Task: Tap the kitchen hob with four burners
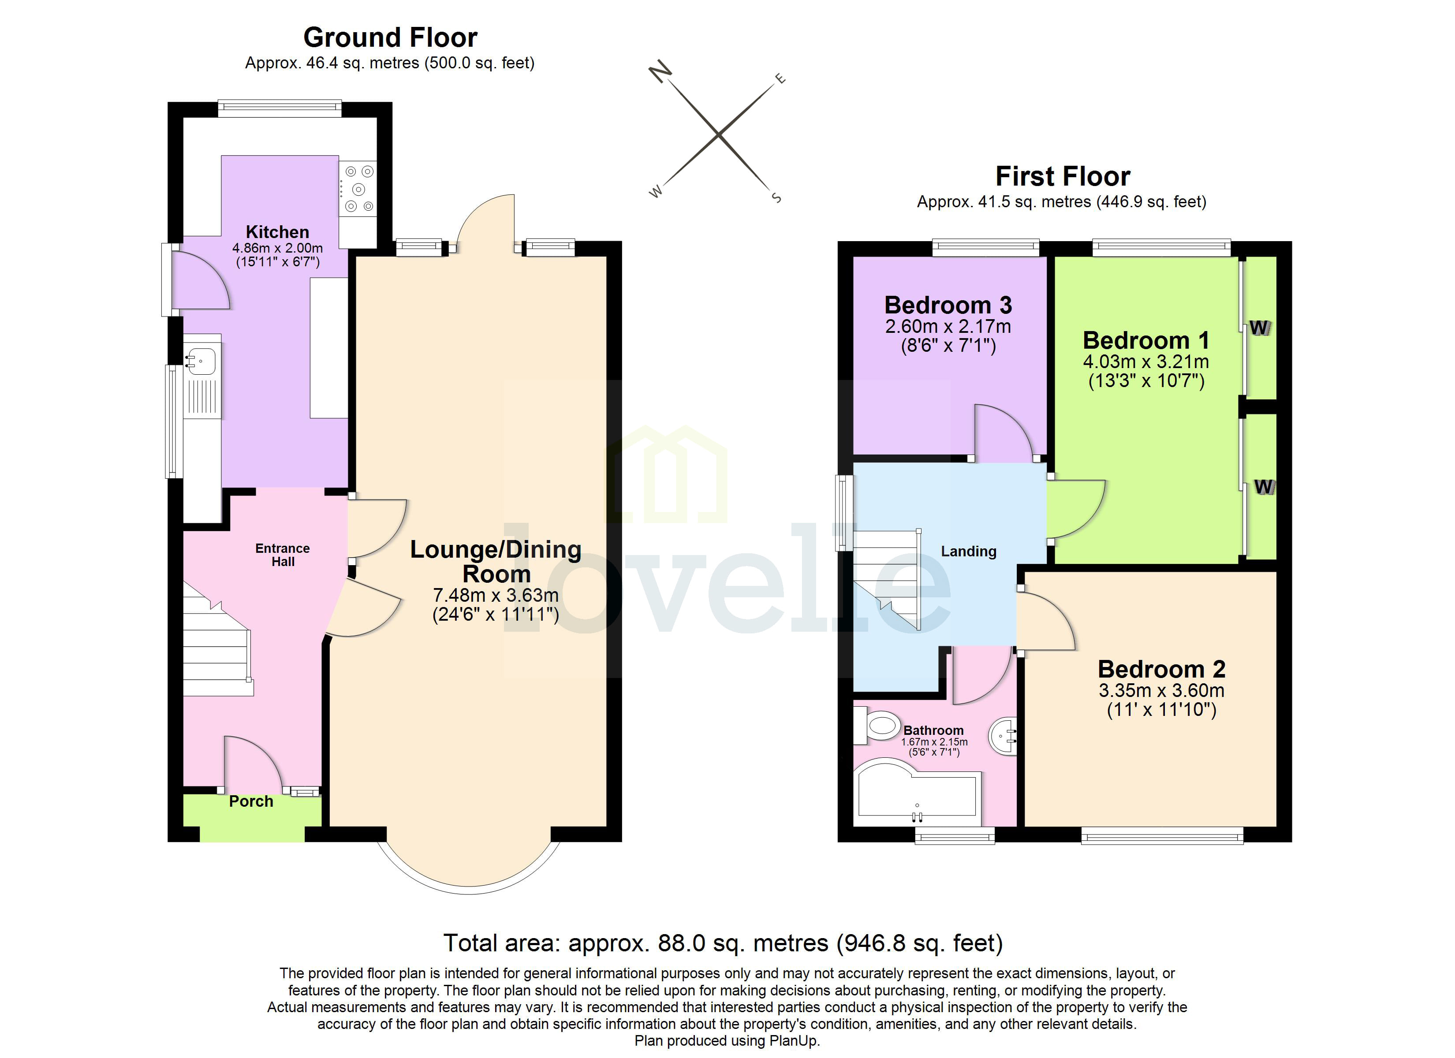tap(358, 189)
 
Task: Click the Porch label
tap(251, 802)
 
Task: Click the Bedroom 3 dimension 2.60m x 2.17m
tap(948, 327)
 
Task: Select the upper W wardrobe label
tap(1259, 328)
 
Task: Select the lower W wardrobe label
tap(1263, 487)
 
